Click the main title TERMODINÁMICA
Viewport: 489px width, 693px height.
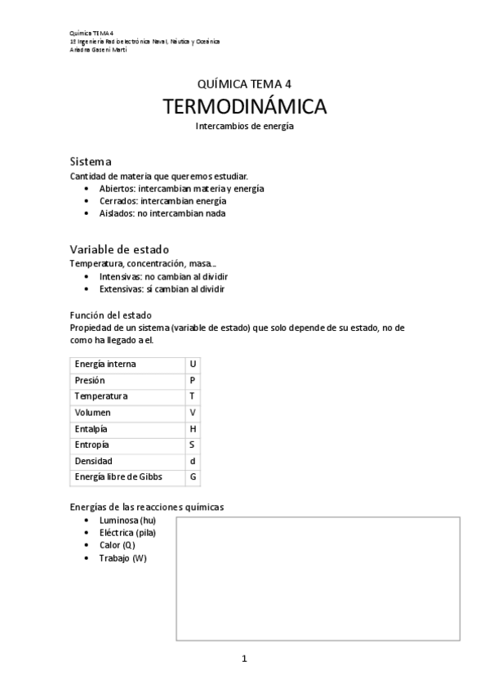tap(244, 107)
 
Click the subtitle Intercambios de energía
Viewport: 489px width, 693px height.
tap(244, 127)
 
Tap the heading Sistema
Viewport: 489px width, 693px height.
tap(91, 162)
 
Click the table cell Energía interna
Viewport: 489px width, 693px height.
tap(105, 364)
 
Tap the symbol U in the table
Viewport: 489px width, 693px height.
tap(193, 364)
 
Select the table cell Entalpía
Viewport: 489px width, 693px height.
tap(91, 428)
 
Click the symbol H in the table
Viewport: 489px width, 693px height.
tap(193, 428)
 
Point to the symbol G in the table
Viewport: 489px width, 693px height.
tap(193, 476)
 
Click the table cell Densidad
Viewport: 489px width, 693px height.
tap(93, 461)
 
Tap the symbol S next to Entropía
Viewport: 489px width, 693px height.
tap(193, 445)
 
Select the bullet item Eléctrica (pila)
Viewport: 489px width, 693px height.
tap(127, 533)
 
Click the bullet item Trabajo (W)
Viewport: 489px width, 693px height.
tap(123, 557)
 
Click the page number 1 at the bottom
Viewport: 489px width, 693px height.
tap(244, 659)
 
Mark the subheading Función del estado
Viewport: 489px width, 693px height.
tap(111, 315)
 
